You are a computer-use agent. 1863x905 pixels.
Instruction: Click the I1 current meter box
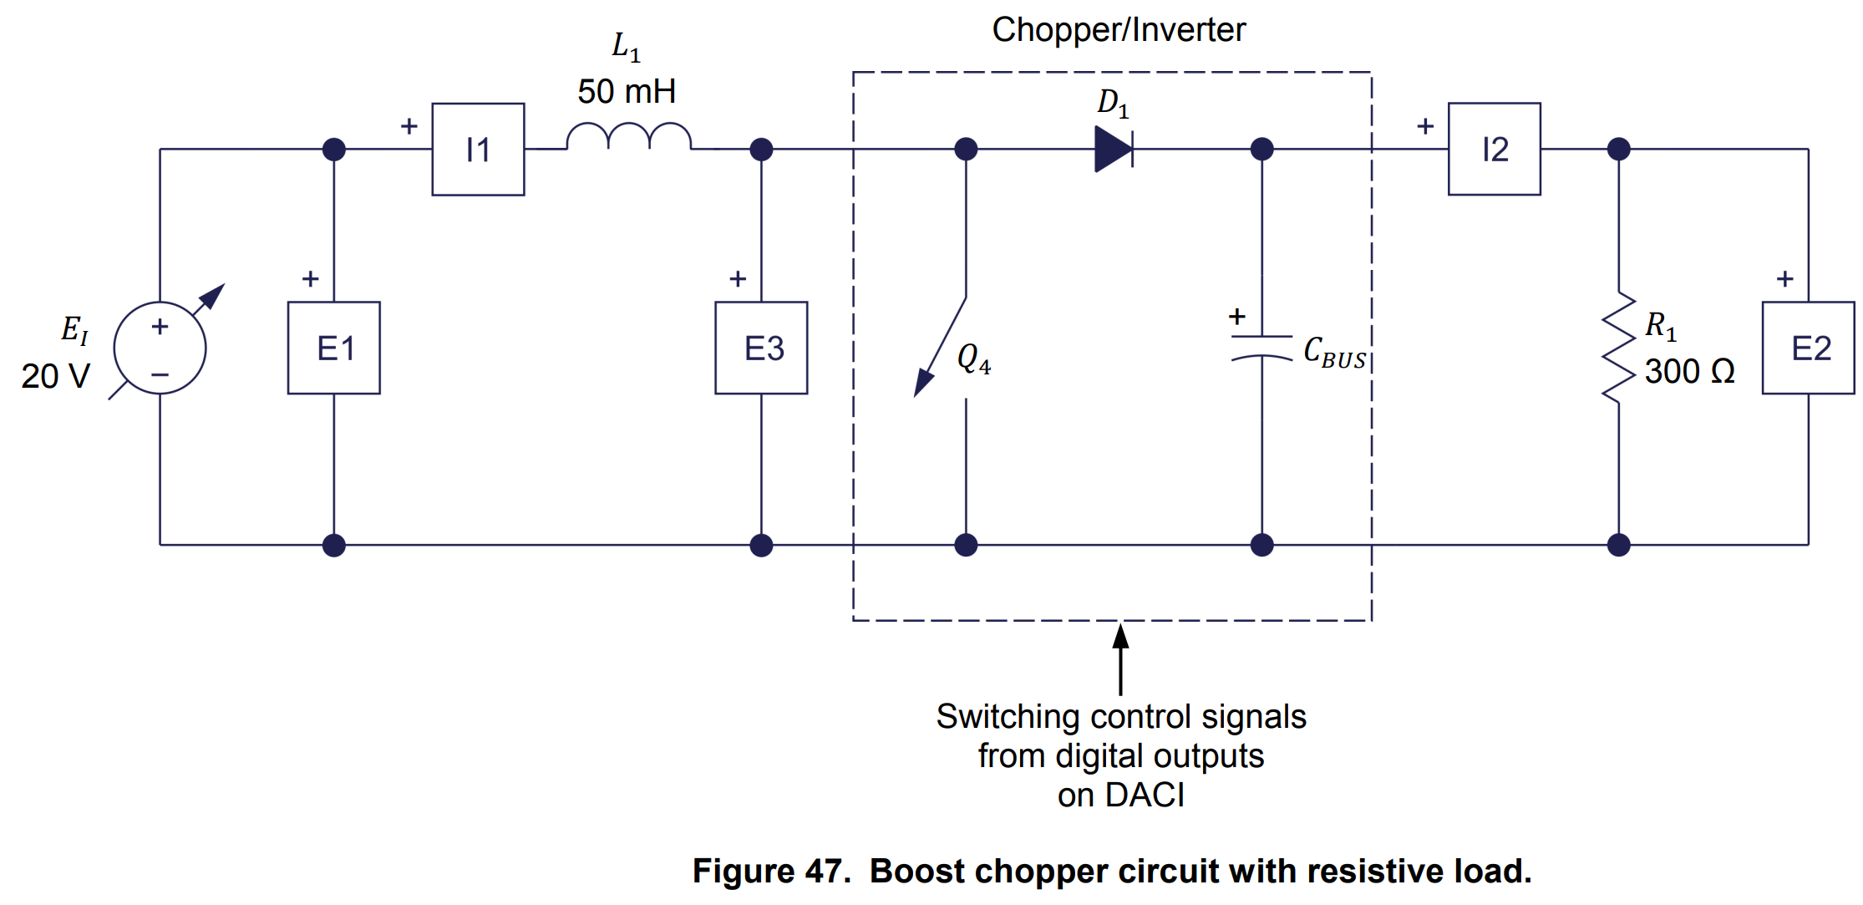[478, 150]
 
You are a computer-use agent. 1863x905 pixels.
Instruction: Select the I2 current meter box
[1494, 150]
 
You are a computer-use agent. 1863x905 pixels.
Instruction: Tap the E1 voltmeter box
[334, 348]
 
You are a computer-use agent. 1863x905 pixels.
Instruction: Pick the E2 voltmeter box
[1808, 348]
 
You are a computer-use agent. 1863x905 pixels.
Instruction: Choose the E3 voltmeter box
[761, 348]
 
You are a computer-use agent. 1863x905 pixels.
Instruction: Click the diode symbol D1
[1114, 150]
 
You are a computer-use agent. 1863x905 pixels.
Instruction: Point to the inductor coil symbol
[628, 137]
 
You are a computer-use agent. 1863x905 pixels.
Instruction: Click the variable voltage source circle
[160, 348]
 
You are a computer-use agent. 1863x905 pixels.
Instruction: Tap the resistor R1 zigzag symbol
[1618, 348]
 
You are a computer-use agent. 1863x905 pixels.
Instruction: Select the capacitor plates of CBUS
[1261, 348]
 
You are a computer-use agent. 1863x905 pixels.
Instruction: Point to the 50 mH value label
[627, 91]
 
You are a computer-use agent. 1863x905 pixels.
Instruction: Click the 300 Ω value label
[1689, 371]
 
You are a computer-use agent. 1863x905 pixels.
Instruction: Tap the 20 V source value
[55, 376]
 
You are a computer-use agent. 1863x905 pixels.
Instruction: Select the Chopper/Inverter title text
[1118, 30]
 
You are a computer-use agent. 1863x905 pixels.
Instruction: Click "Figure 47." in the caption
[771, 871]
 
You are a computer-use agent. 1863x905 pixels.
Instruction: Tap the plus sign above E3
[737, 279]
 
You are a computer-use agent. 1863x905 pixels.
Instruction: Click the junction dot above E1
[334, 150]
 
